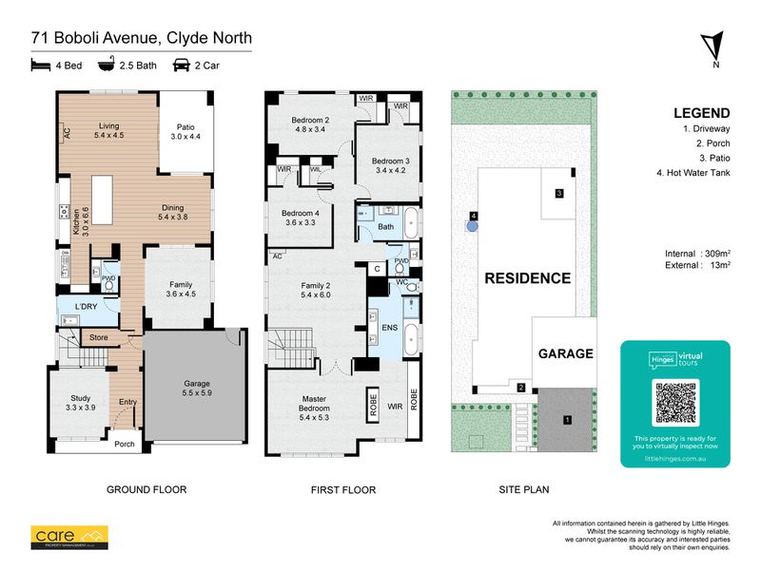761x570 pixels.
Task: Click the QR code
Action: [x=674, y=403]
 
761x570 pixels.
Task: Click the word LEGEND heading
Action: [x=701, y=112]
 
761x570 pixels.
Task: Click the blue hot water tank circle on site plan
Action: [x=472, y=226]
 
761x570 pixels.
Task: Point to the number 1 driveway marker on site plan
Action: [x=568, y=419]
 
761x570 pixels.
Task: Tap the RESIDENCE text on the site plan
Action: [x=528, y=278]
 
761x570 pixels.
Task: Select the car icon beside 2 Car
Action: [x=179, y=66]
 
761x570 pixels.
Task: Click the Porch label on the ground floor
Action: [x=125, y=444]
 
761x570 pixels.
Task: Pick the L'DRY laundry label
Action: [x=75, y=307]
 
